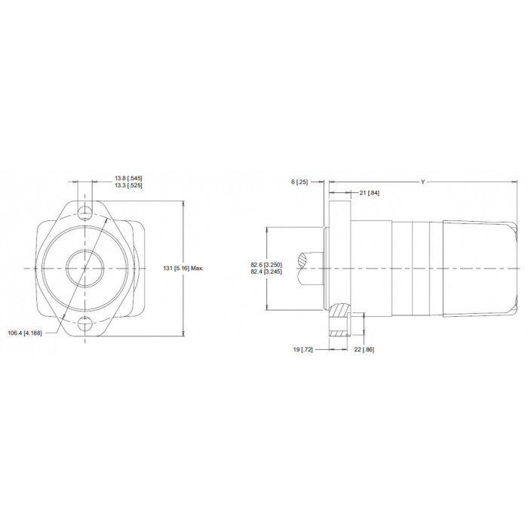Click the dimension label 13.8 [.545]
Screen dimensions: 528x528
(128, 178)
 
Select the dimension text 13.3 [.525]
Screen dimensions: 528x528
(128, 186)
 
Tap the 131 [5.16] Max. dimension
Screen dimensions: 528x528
(183, 269)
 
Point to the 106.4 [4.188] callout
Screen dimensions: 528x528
(25, 333)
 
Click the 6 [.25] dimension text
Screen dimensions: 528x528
(299, 183)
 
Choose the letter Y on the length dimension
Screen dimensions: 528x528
(423, 183)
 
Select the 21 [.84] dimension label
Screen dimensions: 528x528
(370, 193)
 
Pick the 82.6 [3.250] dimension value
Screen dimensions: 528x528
(266, 265)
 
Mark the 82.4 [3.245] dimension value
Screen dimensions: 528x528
(266, 272)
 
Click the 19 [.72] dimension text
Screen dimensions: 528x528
(302, 349)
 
